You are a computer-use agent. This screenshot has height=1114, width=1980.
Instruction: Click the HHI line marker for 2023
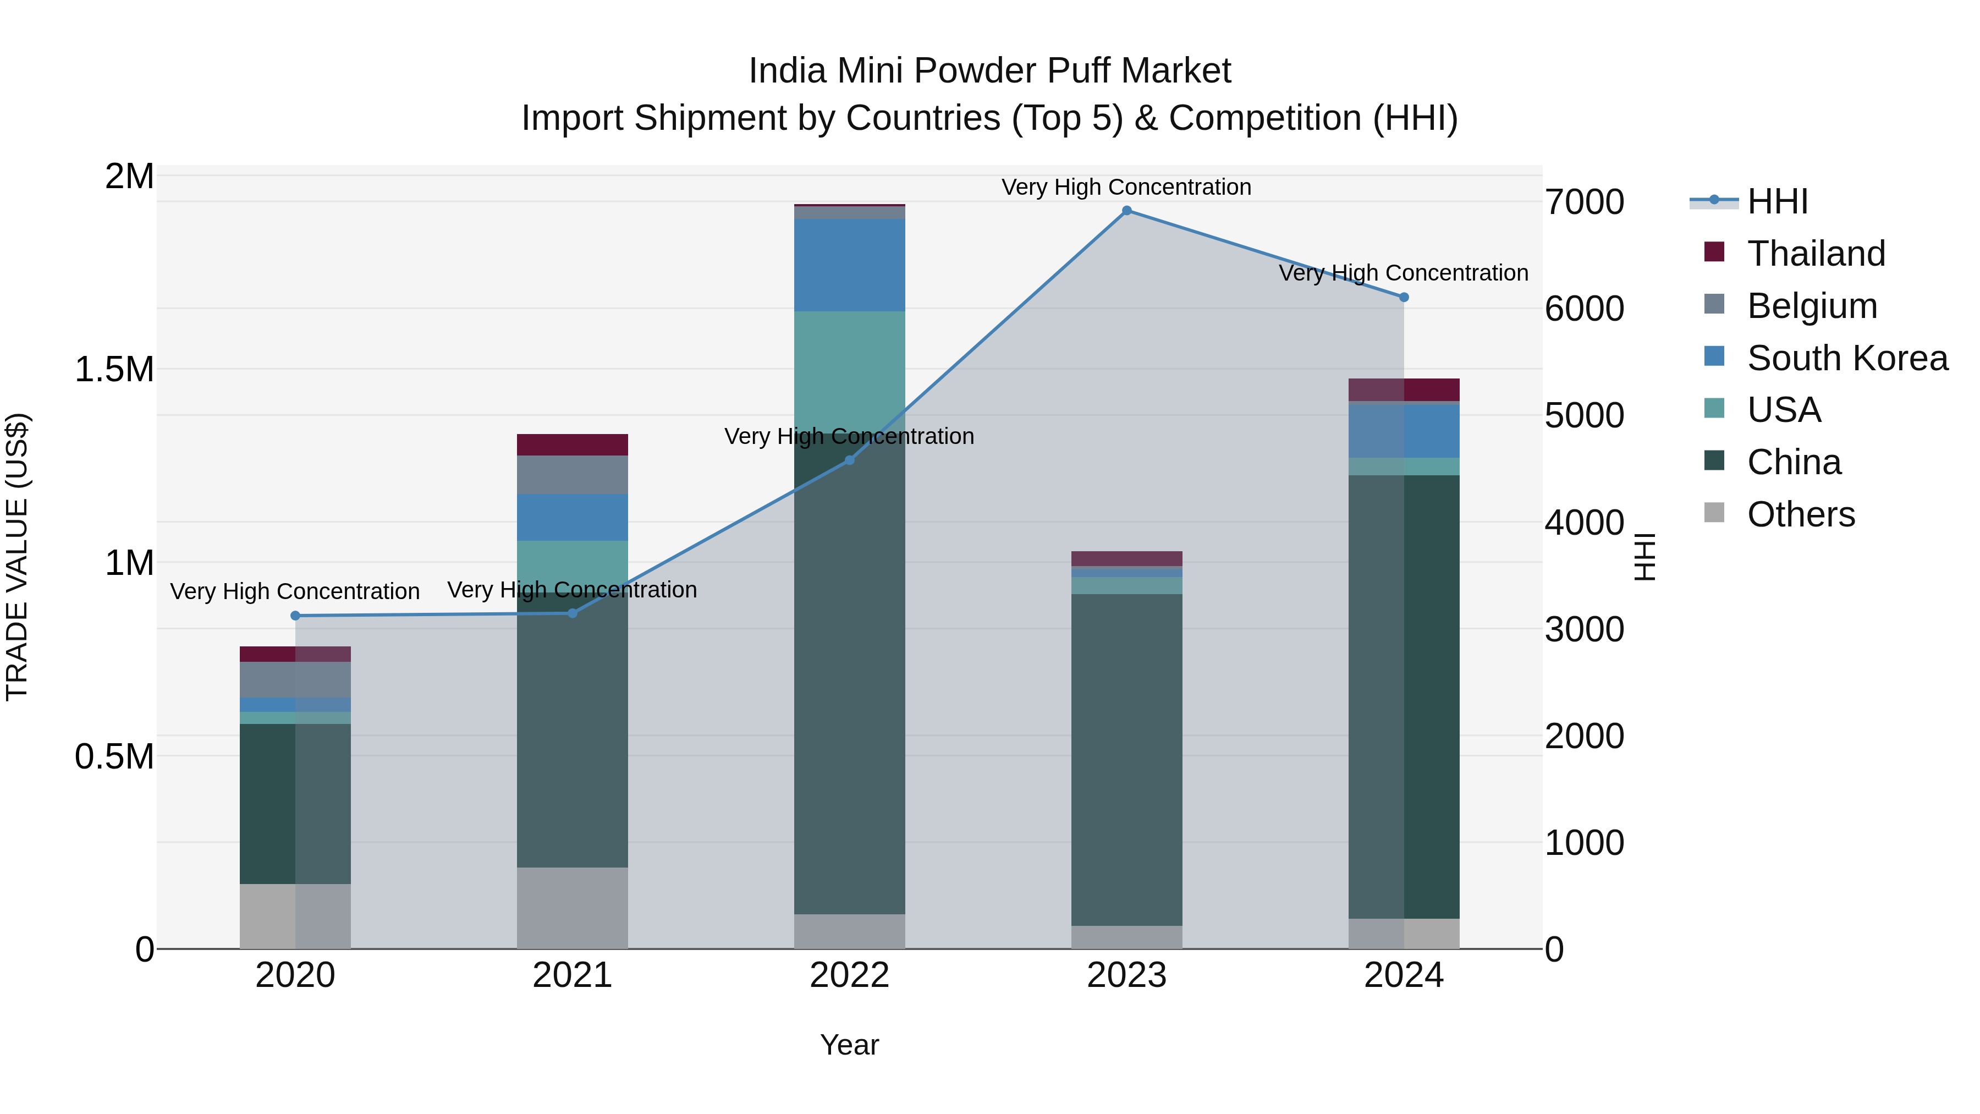point(1127,211)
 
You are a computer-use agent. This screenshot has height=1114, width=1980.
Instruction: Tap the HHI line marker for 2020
point(295,616)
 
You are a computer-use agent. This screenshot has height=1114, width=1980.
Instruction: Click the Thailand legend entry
point(1816,254)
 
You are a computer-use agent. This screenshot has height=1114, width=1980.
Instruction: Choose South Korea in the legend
point(1846,358)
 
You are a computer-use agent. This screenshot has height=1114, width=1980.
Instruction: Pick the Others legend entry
point(1800,514)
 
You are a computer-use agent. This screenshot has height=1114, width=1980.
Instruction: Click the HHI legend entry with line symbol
point(1777,201)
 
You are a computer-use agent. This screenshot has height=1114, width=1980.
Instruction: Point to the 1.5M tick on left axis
point(114,370)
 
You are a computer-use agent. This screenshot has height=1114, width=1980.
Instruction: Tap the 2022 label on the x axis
point(849,975)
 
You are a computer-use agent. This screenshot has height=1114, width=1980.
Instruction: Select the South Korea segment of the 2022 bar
point(849,265)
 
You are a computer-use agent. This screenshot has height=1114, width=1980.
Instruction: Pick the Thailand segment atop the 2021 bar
point(572,444)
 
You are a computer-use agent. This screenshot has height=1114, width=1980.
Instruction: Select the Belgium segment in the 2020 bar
point(295,679)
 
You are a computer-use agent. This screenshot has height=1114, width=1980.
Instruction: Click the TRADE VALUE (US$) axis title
point(17,557)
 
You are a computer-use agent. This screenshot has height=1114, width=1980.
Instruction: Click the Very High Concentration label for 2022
point(849,437)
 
